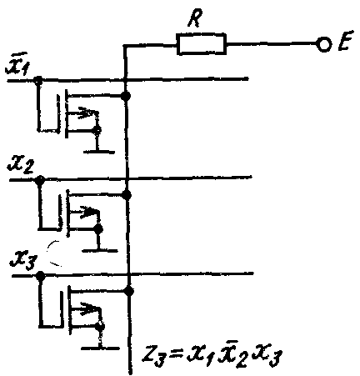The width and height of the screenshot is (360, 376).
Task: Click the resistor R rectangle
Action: (x=202, y=43)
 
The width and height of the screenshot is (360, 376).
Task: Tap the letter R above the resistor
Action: (x=195, y=18)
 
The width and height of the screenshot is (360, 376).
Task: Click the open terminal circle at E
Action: (x=324, y=44)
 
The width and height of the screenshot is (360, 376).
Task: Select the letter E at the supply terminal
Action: (x=346, y=41)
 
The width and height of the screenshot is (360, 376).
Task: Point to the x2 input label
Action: (x=21, y=165)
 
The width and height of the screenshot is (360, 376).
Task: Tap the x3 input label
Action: (x=22, y=262)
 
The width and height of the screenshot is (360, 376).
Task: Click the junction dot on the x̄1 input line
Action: (x=38, y=80)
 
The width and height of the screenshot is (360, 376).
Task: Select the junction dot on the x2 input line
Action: (x=40, y=180)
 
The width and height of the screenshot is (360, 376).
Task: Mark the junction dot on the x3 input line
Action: (x=41, y=276)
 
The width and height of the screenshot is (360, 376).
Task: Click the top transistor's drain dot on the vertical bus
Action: (x=126, y=96)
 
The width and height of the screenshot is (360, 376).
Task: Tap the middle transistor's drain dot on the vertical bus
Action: (x=127, y=195)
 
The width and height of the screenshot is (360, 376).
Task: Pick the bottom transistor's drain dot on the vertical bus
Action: (x=128, y=291)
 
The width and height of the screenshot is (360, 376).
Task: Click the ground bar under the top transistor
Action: (x=99, y=152)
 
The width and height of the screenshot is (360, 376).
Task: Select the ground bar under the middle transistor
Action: (x=100, y=251)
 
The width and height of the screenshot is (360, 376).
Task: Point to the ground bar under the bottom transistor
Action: (x=100, y=348)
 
